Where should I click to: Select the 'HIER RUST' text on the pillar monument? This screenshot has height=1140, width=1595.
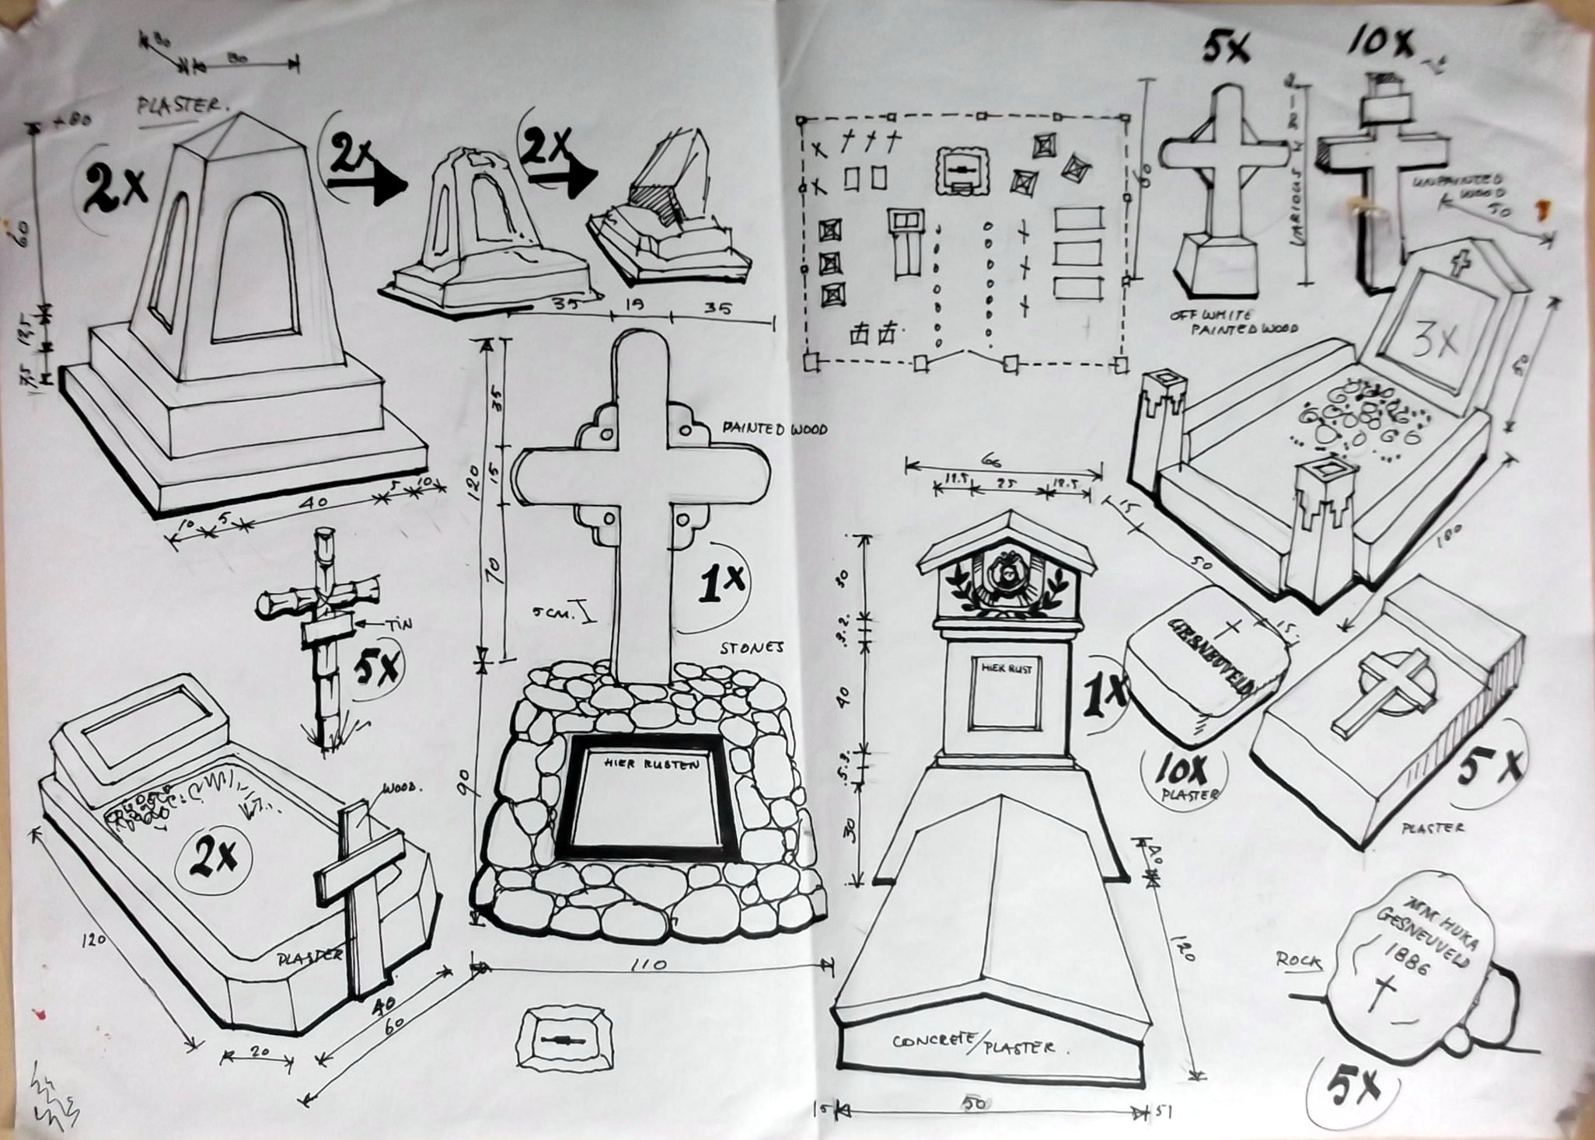point(1006,668)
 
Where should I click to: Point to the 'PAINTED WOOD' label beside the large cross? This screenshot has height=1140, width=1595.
point(775,428)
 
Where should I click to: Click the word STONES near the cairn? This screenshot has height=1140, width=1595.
point(752,647)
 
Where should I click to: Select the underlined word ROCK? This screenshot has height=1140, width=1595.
point(1298,961)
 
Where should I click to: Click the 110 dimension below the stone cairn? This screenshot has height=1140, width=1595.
point(649,965)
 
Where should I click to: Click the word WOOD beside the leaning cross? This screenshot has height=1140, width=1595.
point(402,788)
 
